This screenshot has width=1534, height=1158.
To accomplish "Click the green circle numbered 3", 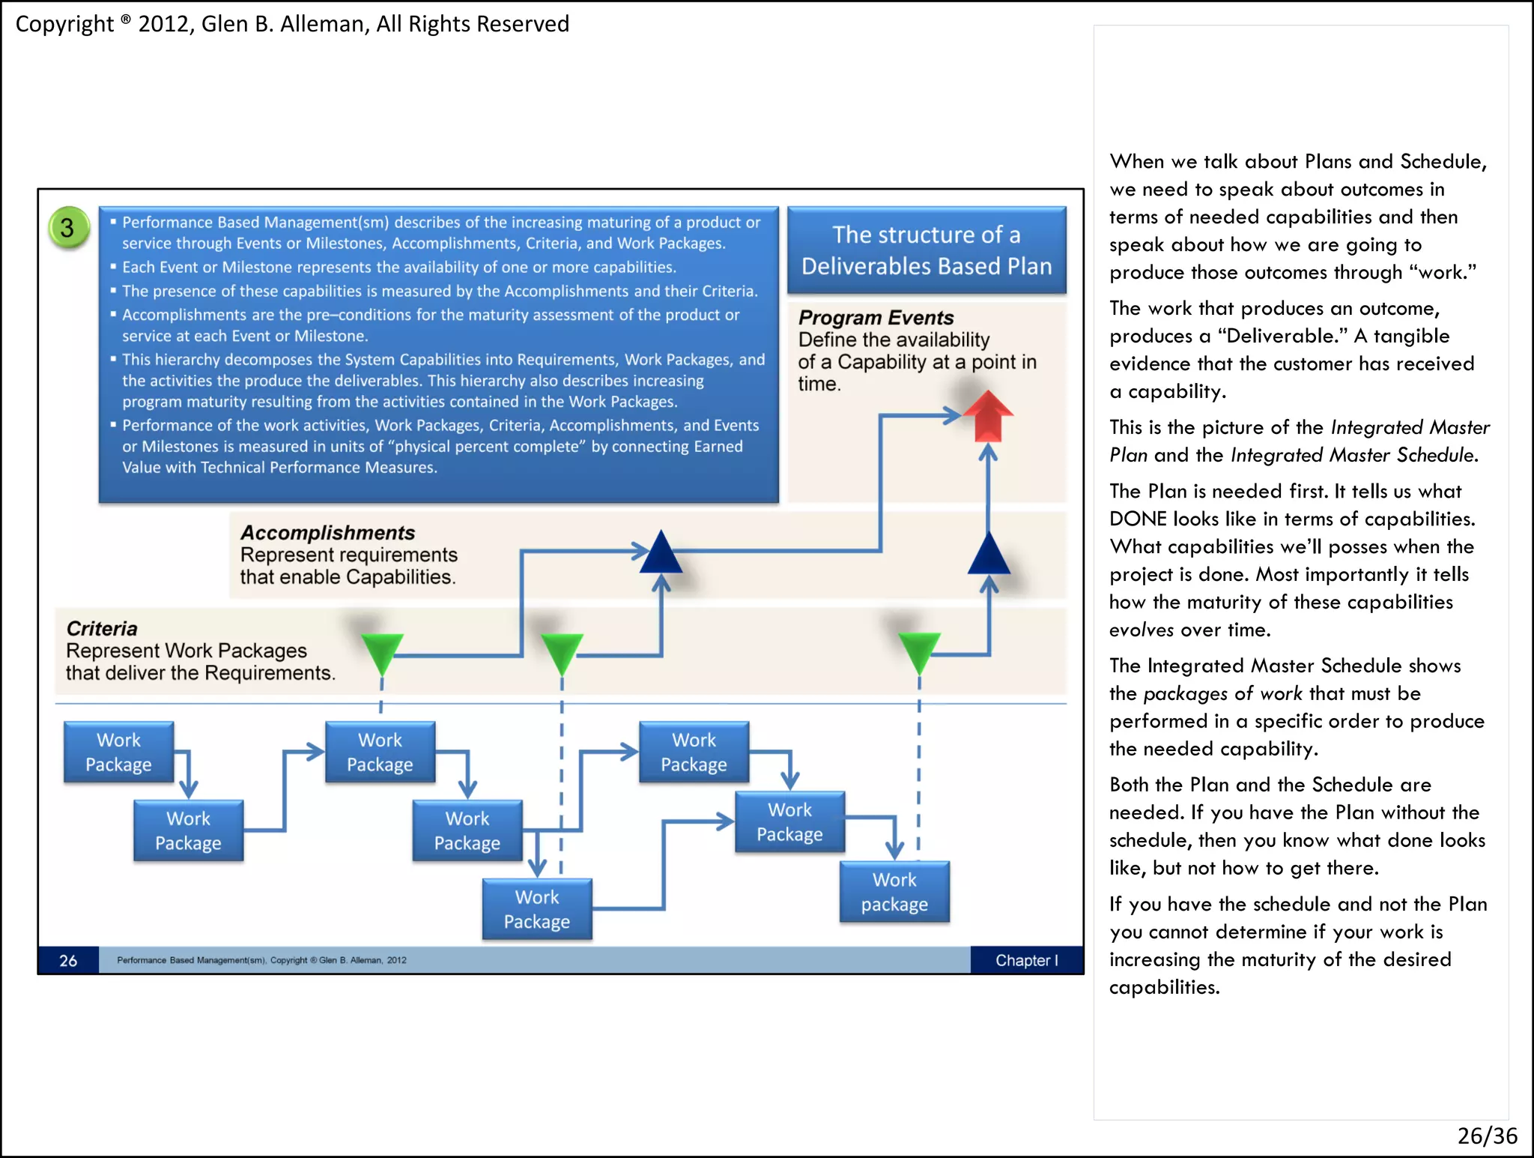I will pos(68,227).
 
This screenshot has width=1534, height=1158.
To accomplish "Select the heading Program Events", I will pos(876,318).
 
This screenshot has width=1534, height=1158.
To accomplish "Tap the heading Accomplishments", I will pos(327,533).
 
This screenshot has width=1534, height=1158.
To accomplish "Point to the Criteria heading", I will pos(102,629).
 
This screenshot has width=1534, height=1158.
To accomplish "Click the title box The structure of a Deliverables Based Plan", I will pos(927,250).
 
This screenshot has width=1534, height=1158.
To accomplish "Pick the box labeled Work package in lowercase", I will pos(894,892).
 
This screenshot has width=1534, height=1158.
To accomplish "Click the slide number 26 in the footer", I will pos(68,961).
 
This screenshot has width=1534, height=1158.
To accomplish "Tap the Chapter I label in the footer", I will pos(1026,961).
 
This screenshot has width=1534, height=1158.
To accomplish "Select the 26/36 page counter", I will pos(1487,1136).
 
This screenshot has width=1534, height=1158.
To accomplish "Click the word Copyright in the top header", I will pos(64,24).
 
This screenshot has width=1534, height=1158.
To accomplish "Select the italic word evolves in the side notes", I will pos(1141,630).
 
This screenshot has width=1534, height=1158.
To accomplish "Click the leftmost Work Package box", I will pos(118,753).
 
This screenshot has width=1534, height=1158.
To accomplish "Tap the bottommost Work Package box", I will pos(537,909).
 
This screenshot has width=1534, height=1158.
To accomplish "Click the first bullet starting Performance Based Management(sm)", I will pos(441,232).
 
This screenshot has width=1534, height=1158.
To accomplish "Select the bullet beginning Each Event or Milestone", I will pos(398,268).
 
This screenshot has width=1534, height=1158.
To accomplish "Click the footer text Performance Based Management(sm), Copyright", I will pos(261,960).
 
